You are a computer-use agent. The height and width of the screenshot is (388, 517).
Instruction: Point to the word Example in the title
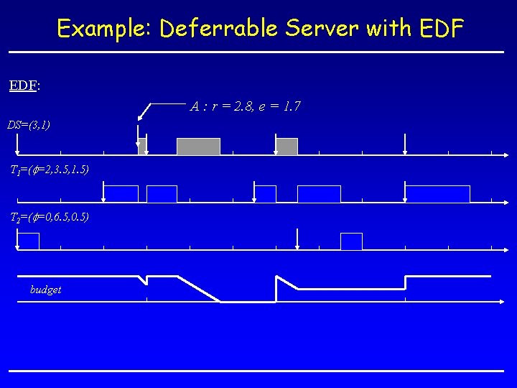[105, 29]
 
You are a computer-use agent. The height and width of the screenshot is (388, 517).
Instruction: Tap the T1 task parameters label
[49, 170]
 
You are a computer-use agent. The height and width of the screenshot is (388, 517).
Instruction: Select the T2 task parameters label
[49, 217]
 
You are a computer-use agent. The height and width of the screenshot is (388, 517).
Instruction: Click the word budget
[45, 290]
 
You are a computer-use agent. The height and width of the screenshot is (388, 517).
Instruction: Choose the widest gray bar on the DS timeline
[198, 147]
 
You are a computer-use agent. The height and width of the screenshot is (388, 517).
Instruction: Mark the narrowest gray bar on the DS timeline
[142, 147]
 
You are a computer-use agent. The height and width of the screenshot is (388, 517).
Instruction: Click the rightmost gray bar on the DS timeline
[287, 147]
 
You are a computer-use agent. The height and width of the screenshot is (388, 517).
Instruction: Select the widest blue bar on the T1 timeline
[438, 194]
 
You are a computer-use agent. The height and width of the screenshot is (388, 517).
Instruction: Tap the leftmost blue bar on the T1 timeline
[121, 194]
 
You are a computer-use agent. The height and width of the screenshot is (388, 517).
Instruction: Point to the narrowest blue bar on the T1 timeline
[266, 194]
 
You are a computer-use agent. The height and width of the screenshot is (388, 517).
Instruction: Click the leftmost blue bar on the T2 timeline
[28, 241]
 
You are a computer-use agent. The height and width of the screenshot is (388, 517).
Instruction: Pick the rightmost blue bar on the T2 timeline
[351, 241]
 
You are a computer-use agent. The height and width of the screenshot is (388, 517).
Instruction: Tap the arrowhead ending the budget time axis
[505, 302]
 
